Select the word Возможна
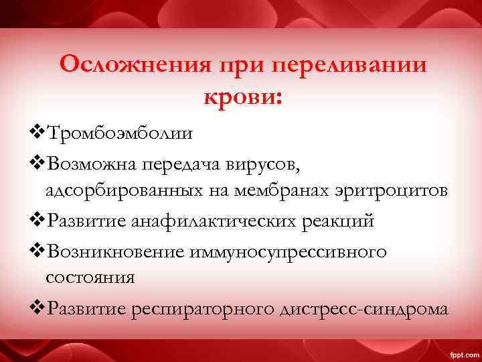coord(88,162)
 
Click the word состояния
coord(90,278)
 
